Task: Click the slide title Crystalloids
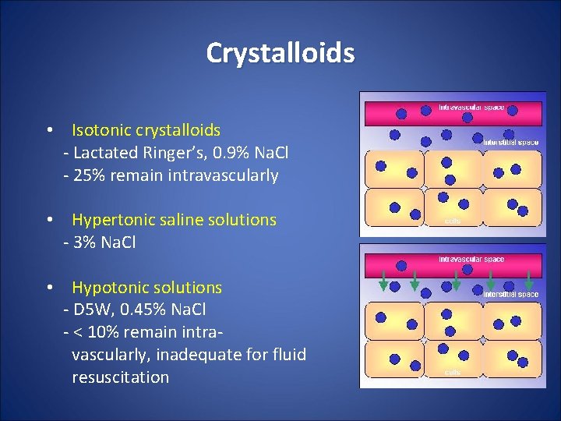point(280,53)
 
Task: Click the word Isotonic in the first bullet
point(101,130)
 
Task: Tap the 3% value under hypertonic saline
point(85,242)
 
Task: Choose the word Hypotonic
point(106,288)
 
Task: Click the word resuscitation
point(120,377)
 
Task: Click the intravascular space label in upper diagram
point(471,107)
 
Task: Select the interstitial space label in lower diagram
point(510,294)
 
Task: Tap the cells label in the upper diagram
point(453,221)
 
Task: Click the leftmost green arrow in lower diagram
point(383,281)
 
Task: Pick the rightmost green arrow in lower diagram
point(530,281)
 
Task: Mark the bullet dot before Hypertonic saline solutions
point(49,220)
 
